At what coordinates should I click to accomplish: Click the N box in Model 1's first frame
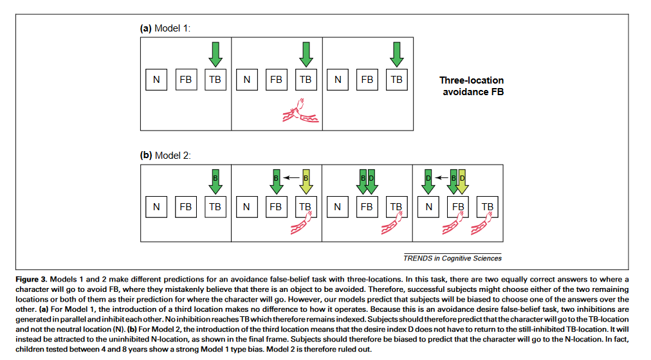coord(156,80)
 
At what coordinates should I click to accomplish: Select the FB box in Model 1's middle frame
coord(276,80)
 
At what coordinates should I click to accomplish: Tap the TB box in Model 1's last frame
coord(396,80)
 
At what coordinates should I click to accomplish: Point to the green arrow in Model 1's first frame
coord(215,53)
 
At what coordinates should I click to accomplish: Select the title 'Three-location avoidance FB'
coord(472,86)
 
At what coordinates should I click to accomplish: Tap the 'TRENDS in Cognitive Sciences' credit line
coord(452,258)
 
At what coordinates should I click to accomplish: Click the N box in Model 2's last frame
coord(428,207)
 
